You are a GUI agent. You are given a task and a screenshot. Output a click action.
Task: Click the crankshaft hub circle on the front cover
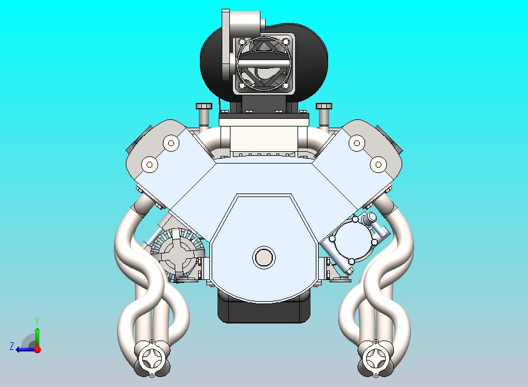click(x=263, y=257)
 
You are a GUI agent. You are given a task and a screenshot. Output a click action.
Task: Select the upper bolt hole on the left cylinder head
click(x=171, y=142)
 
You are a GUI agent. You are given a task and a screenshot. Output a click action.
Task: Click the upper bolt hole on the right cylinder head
click(x=356, y=142)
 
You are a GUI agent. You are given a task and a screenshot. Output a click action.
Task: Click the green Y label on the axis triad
click(x=37, y=321)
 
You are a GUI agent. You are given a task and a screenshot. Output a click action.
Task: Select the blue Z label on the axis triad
click(x=11, y=346)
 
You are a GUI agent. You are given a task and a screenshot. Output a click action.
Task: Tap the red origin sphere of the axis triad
click(x=37, y=349)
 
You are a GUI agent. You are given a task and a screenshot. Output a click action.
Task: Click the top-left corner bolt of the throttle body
click(x=240, y=41)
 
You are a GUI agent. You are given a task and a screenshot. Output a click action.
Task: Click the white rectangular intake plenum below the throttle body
click(x=263, y=139)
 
